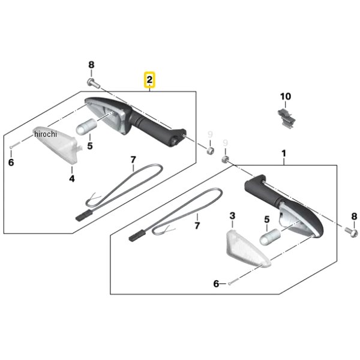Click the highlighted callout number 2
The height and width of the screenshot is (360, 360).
149,80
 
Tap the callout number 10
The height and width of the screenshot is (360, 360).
286,97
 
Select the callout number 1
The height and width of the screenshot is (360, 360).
284,154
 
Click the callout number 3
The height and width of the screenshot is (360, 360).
232,216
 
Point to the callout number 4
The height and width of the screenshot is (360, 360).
72,178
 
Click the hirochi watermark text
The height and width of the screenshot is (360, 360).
45,134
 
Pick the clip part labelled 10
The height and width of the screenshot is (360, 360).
286,118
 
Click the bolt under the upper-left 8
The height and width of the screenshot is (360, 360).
94,83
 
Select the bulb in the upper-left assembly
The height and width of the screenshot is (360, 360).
86,127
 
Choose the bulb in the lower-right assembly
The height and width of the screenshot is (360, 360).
270,237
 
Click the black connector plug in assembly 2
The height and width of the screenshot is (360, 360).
84,216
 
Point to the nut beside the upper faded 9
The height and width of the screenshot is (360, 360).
210,151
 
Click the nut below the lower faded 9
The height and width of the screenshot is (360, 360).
224,159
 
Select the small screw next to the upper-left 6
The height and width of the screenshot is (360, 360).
15,145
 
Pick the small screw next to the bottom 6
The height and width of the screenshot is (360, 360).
233,281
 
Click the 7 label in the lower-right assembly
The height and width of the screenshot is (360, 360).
197,226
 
